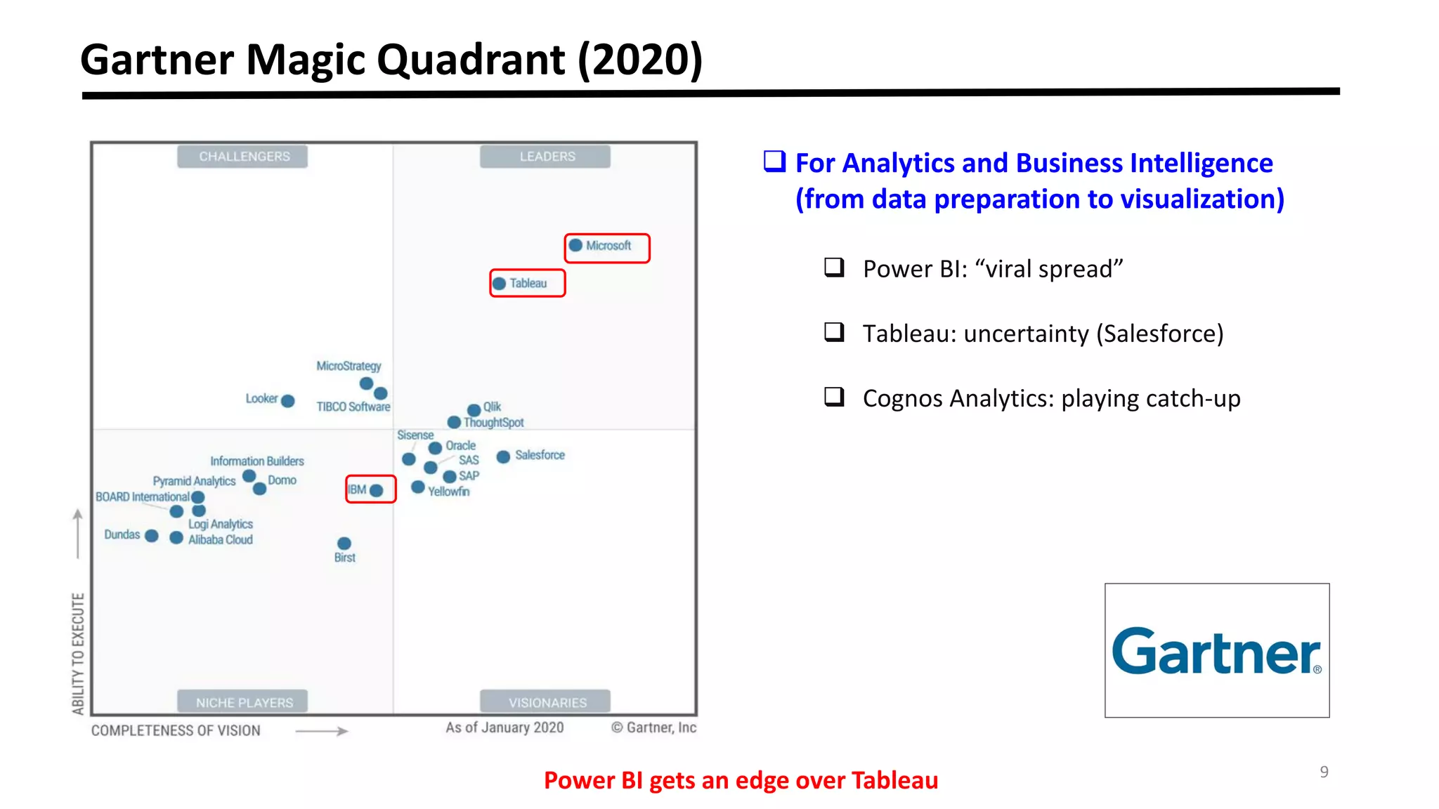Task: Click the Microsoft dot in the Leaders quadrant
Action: click(575, 246)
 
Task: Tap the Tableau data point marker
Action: click(500, 284)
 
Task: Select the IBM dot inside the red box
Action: click(377, 490)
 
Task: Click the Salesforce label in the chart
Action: click(540, 455)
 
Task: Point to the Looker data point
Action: click(288, 401)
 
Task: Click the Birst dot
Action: click(344, 544)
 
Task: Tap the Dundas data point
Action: click(152, 536)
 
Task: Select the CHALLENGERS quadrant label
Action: click(243, 157)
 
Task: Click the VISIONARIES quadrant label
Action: click(547, 702)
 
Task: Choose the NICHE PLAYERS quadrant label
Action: click(244, 702)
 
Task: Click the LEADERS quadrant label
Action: click(547, 157)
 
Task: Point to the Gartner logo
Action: click(1216, 650)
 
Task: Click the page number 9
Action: click(1324, 772)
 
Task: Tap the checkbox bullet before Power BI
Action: click(834, 268)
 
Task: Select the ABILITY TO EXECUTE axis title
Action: click(78, 653)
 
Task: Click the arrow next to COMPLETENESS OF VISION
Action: click(322, 731)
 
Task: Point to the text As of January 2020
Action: click(504, 728)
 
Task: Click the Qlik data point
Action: click(474, 410)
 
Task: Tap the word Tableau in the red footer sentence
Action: click(894, 780)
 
